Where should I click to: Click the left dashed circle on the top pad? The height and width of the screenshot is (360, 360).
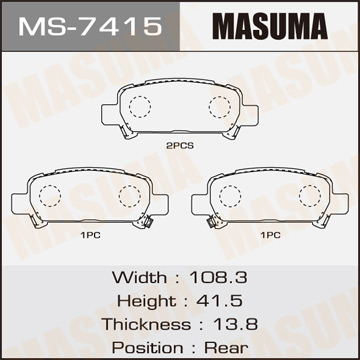(x=138, y=106)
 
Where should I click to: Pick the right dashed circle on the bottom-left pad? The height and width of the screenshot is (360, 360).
(x=128, y=195)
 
